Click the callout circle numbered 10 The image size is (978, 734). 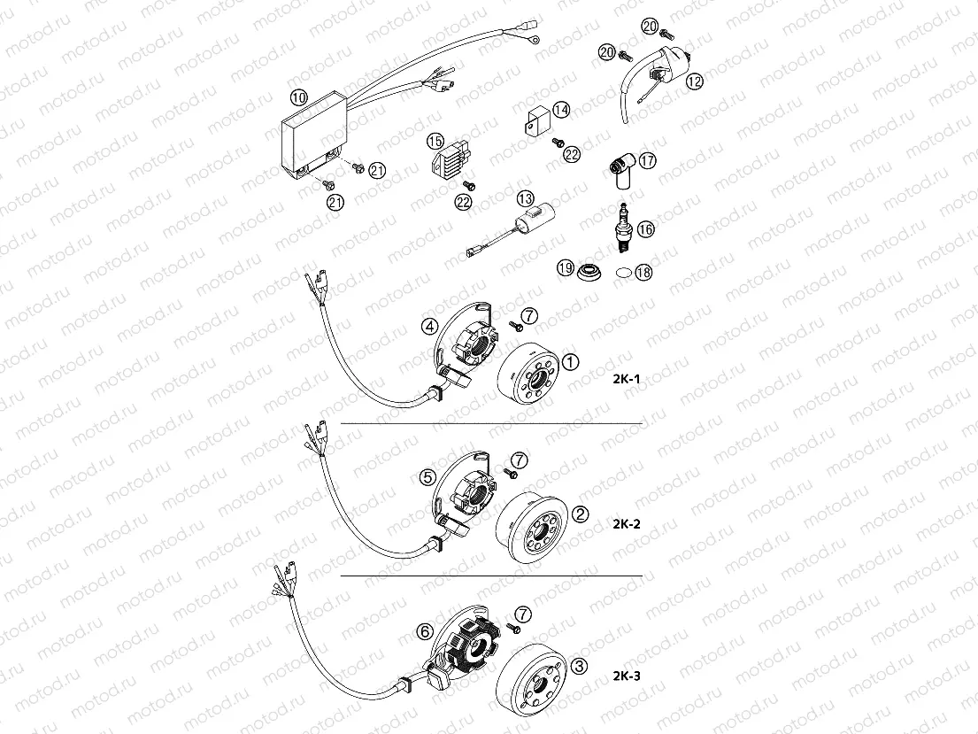(299, 97)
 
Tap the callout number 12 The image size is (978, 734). (693, 81)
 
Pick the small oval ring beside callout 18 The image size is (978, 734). (623, 273)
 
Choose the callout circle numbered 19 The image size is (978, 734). (565, 268)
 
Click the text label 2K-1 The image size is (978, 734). (626, 379)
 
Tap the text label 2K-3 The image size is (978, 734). (626, 676)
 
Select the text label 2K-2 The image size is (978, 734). (626, 523)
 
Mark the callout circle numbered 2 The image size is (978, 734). (581, 514)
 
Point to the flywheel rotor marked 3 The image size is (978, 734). (530, 677)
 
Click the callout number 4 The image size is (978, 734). (428, 326)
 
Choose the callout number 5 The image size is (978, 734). (427, 477)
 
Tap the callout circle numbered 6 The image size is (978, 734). (426, 631)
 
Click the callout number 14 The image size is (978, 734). (561, 110)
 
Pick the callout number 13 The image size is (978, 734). (527, 198)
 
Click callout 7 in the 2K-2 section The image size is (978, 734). (520, 459)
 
